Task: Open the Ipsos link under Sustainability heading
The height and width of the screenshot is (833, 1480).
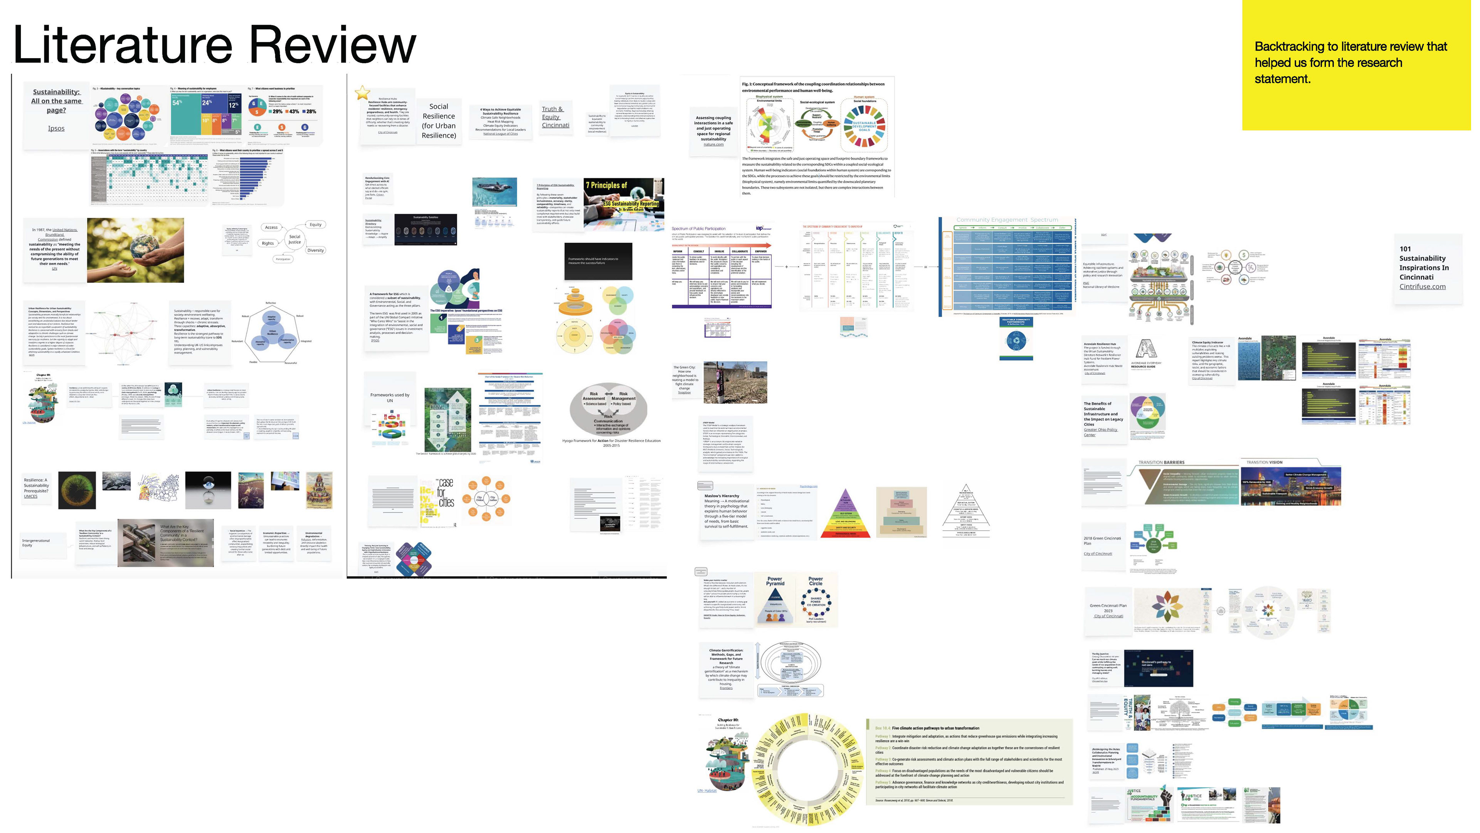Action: point(56,128)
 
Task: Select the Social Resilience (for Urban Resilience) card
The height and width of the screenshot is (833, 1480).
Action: point(438,121)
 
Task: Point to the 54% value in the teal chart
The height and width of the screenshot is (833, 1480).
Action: point(177,102)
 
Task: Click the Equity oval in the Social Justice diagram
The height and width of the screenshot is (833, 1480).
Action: point(315,224)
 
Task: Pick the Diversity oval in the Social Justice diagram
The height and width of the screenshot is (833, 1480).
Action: point(315,250)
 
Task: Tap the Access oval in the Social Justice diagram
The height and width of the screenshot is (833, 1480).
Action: point(271,227)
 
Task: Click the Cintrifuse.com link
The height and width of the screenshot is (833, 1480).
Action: point(1422,286)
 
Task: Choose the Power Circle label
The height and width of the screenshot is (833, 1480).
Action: point(815,581)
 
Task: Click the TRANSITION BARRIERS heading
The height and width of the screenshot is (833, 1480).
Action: point(1161,462)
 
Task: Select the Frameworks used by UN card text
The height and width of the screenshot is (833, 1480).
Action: point(390,397)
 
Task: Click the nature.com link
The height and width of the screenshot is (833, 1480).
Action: point(713,144)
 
